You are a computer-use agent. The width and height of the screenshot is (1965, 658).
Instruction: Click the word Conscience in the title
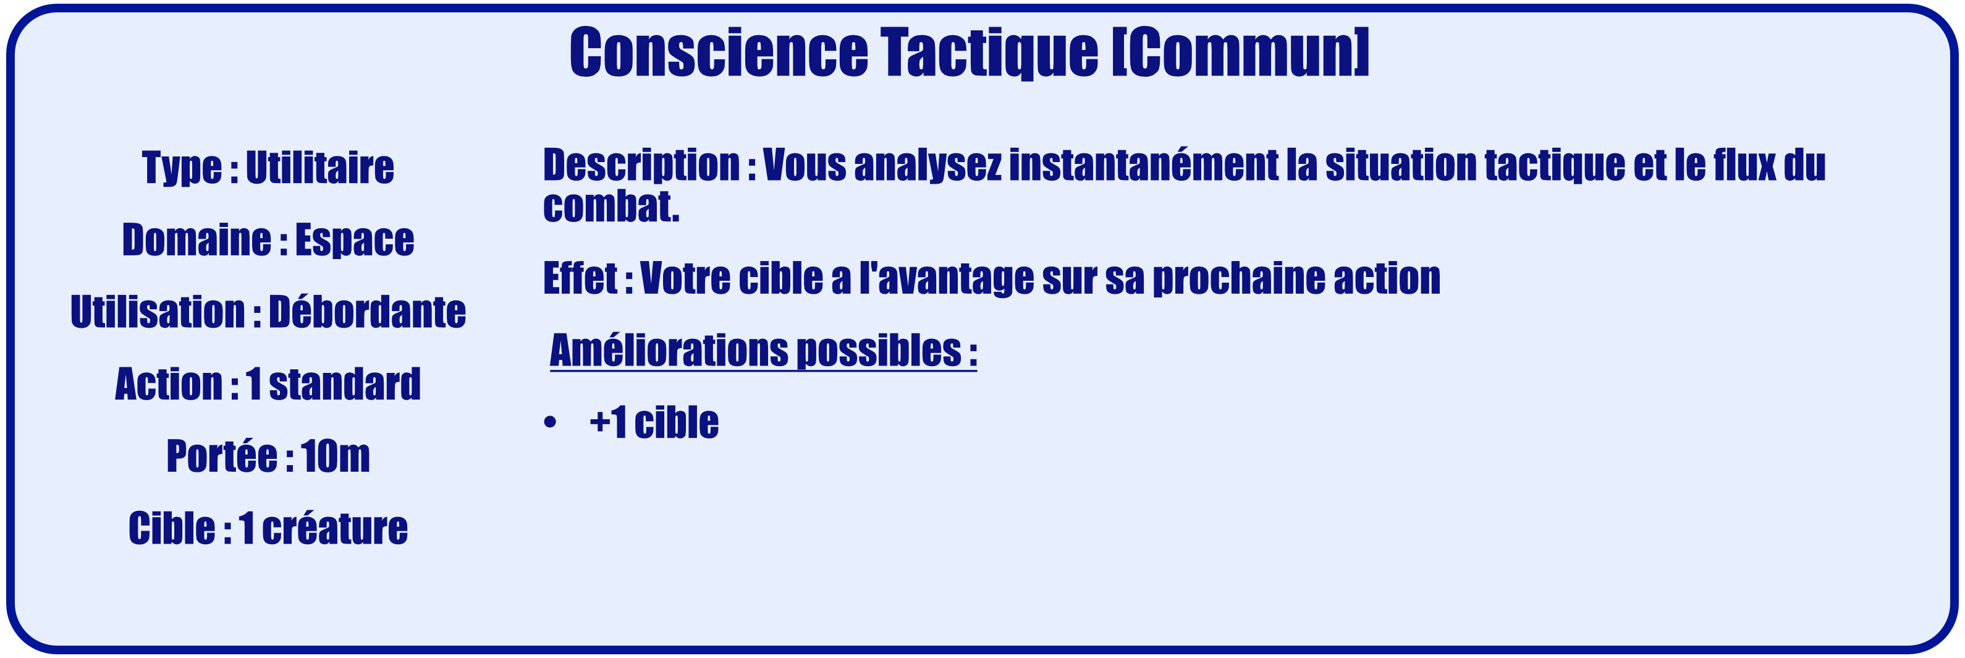(719, 52)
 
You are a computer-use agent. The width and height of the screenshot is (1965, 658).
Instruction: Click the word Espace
(355, 240)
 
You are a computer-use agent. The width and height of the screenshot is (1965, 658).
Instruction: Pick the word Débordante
(367, 312)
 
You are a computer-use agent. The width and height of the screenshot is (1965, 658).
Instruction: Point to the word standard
(345, 383)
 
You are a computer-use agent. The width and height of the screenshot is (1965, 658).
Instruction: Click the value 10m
(335, 456)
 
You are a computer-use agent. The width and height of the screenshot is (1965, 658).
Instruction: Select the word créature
(335, 528)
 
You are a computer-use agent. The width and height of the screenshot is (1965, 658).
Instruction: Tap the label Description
(641, 166)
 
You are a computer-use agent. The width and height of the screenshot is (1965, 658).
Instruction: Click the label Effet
(580, 277)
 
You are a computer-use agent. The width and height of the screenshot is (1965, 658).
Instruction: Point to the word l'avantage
(947, 278)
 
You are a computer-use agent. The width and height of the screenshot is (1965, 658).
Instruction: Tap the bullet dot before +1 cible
(550, 422)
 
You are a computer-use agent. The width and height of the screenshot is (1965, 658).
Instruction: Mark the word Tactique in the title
(989, 53)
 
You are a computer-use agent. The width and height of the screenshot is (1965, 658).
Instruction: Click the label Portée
(222, 456)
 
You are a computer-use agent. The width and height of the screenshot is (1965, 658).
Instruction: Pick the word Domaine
(196, 240)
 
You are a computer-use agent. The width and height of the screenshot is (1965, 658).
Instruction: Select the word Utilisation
(157, 312)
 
